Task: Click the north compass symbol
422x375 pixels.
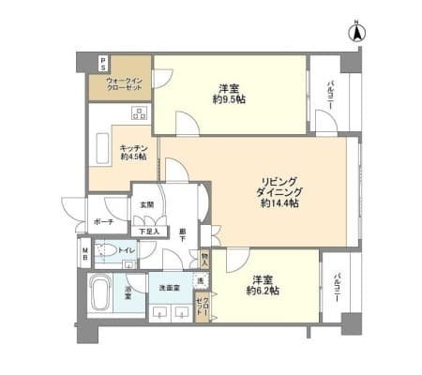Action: pos(356,34)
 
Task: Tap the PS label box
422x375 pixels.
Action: pos(103,63)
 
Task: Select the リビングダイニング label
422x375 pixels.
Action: pos(279,189)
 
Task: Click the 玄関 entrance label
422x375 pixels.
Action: pos(147,206)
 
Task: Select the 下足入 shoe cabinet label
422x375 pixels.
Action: pos(148,231)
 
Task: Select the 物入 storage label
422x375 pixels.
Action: pos(205,254)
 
